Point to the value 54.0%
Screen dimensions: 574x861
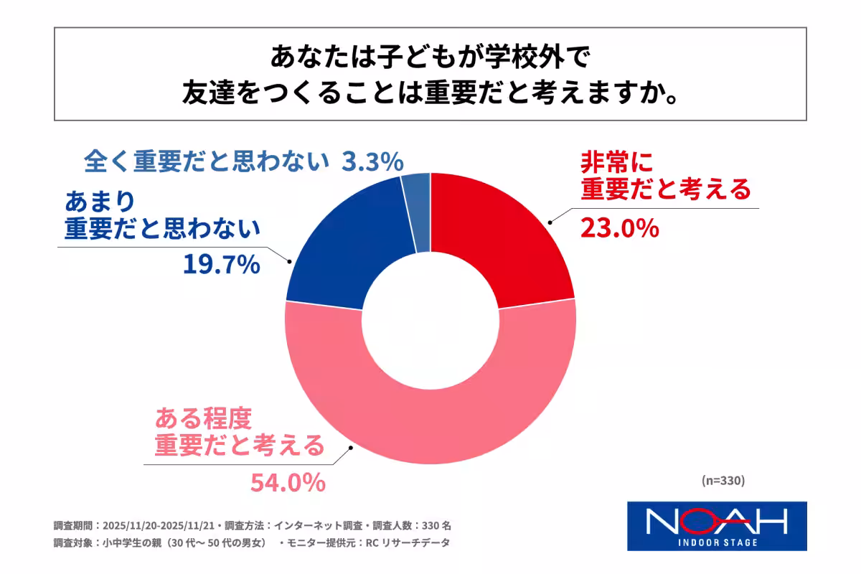click(x=288, y=483)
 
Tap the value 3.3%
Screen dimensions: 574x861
click(x=370, y=161)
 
